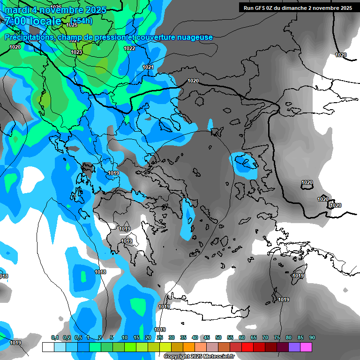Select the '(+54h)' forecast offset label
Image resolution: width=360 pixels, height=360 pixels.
pyautogui.click(x=82, y=21)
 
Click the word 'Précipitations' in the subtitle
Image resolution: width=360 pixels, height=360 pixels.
pyautogui.click(x=29, y=37)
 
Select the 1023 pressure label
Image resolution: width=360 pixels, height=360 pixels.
pyautogui.click(x=76, y=52)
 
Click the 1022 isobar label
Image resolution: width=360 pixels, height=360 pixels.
pyautogui.click(x=129, y=48)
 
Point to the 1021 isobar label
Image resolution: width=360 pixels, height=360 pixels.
pyautogui.click(x=148, y=67)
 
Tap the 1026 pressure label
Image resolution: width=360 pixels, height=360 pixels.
pyautogui.click(x=55, y=7)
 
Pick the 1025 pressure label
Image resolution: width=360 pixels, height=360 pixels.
pyautogui.click(x=72, y=25)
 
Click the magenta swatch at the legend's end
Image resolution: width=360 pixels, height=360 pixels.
pyautogui.click(x=306, y=347)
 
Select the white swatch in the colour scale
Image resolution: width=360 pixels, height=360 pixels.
pyautogui.click(x=48, y=347)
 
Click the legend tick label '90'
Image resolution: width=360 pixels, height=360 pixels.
pyautogui.click(x=312, y=337)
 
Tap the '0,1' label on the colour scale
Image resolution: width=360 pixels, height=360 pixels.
pyautogui.click(x=54, y=337)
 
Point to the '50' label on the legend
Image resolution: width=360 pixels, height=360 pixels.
pyautogui.click(x=218, y=337)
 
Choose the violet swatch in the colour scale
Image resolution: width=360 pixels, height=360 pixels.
pyautogui.click(x=294, y=347)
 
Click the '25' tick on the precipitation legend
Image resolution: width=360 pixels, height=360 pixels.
pyautogui.click(x=160, y=337)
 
